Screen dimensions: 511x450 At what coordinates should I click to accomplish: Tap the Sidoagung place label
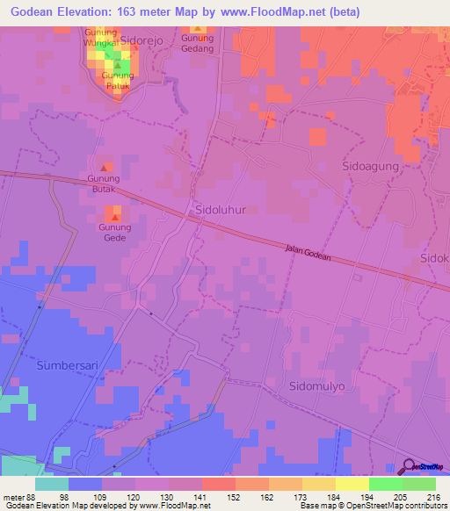click(x=370, y=165)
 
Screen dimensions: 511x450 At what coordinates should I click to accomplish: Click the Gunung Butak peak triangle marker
click(x=104, y=167)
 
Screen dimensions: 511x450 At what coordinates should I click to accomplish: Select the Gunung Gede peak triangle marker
click(x=114, y=216)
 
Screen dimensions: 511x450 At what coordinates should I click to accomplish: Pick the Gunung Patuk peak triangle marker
click(x=118, y=65)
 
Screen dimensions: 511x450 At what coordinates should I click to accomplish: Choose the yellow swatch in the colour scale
click(x=352, y=484)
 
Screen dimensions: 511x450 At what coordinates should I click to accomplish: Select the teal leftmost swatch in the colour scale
click(x=52, y=484)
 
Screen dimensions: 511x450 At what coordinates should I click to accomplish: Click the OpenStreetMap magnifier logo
click(x=409, y=467)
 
